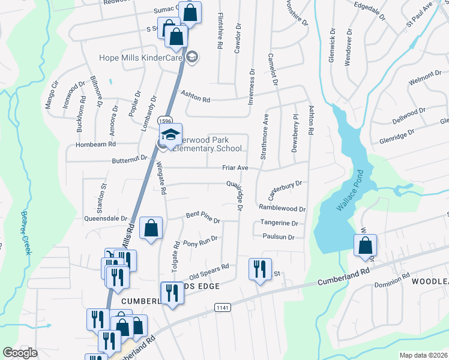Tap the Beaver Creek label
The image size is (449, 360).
[26, 232]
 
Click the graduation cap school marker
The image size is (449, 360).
[170, 135]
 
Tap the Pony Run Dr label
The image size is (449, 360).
[200, 241]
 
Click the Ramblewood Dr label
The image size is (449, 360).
[282, 208]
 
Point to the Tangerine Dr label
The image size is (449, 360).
[279, 223]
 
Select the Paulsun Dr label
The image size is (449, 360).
[279, 237]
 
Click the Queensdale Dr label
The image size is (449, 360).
[106, 219]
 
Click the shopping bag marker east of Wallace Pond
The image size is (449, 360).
[365, 245]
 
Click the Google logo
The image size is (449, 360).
[20, 353]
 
